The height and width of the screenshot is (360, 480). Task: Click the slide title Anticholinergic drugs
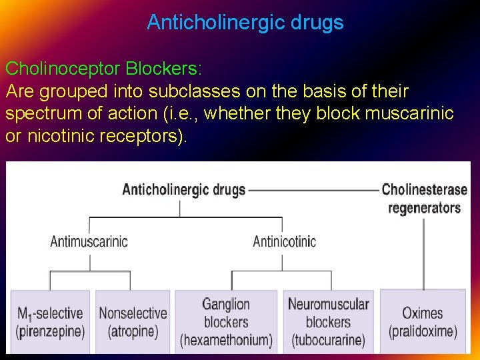(x=245, y=23)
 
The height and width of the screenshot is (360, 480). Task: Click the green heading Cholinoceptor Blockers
(x=103, y=69)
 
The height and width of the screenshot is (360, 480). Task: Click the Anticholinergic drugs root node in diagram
(x=183, y=189)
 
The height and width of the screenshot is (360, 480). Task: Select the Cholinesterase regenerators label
(x=424, y=198)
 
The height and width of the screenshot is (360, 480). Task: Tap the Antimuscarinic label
(x=89, y=241)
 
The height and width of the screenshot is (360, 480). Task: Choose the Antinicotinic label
(x=284, y=241)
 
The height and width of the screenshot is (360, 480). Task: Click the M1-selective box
(x=50, y=321)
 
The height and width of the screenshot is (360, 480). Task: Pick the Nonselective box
(x=133, y=321)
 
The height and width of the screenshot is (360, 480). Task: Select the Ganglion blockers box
(x=226, y=321)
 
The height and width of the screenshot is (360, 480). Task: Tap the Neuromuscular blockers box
(x=328, y=321)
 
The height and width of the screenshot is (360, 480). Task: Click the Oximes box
(x=423, y=321)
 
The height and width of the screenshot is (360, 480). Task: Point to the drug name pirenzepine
(x=50, y=331)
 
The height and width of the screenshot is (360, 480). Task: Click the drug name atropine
(x=133, y=331)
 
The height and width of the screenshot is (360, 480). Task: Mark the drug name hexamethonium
(x=226, y=341)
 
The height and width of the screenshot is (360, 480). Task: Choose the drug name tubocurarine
(x=328, y=341)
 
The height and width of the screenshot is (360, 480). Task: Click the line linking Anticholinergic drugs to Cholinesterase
(x=313, y=190)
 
